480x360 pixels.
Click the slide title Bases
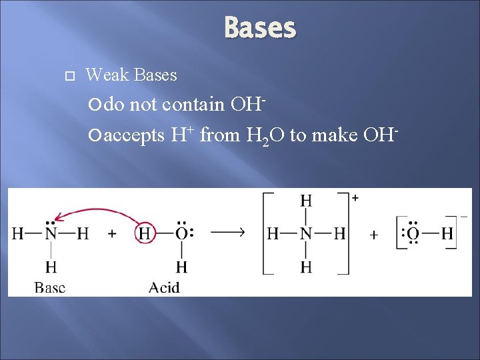pyautogui.click(x=260, y=28)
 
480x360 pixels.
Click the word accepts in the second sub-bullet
pyautogui.click(x=134, y=135)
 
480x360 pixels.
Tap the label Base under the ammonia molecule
pyautogui.click(x=50, y=287)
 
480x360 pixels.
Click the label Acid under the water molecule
pyautogui.click(x=164, y=287)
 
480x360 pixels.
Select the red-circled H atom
pyautogui.click(x=145, y=234)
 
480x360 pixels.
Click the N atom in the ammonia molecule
pyautogui.click(x=50, y=234)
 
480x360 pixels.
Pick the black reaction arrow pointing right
pyautogui.click(x=227, y=232)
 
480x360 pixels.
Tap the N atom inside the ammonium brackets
pyautogui.click(x=306, y=234)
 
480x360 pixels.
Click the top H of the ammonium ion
pyautogui.click(x=306, y=201)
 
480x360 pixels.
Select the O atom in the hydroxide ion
pyautogui.click(x=413, y=234)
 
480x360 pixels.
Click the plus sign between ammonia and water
pyautogui.click(x=112, y=234)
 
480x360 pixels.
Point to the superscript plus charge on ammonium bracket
pyautogui.click(x=355, y=199)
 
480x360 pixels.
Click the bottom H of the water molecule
pyautogui.click(x=181, y=267)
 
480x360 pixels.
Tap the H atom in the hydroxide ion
pyautogui.click(x=446, y=234)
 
